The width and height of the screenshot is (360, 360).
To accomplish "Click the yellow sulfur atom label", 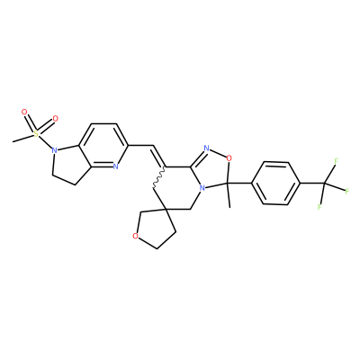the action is coord(36,134).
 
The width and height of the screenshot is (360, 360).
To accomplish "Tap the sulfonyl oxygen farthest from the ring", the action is coord(24,112).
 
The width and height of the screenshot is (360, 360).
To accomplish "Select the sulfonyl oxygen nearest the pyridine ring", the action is coord(55,119).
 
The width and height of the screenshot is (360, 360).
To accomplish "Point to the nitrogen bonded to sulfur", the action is coord(54,150).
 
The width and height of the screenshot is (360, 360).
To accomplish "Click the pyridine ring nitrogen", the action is coord(115,166).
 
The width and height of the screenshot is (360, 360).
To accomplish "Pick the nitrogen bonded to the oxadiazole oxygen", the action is coord(206,148).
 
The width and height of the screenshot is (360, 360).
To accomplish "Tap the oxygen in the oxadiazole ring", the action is coord(229,157).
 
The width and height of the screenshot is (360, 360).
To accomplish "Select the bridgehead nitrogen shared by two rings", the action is coord(202,188).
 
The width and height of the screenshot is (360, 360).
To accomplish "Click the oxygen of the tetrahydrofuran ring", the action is coord(135,236).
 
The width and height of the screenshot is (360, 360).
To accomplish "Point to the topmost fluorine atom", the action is coord(337,161).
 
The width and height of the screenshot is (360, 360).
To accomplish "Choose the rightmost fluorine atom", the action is coord(347,191).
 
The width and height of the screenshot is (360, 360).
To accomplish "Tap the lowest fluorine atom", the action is coord(319,207).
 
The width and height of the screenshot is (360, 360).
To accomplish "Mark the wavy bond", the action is coord(159,177).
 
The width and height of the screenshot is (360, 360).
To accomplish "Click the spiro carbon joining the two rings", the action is coord(166,208).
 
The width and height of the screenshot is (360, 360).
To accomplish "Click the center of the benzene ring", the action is coord(276,184).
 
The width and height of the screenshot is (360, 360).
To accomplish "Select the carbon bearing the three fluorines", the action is coord(325,183).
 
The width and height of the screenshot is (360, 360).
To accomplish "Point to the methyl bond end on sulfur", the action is coord(13,141).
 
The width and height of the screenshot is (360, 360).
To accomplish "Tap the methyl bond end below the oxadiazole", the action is coord(229,207).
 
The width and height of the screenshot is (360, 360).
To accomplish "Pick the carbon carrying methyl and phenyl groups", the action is coord(227,183).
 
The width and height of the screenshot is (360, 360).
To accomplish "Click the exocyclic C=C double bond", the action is coord(158,157).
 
